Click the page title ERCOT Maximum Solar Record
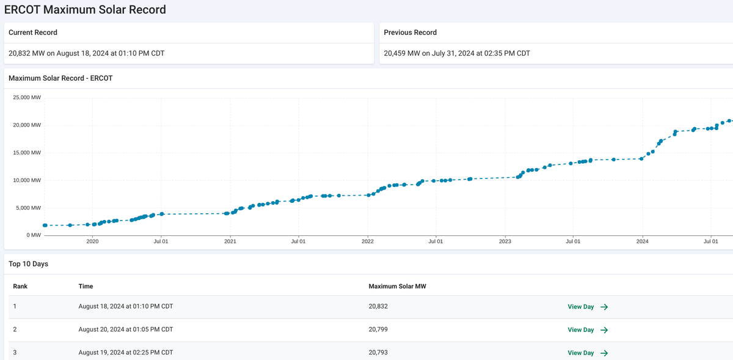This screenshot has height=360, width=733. [x=85, y=10]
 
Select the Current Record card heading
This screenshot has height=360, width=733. [x=33, y=32]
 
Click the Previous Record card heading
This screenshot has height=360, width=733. [x=410, y=32]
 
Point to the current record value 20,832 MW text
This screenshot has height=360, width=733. [x=86, y=53]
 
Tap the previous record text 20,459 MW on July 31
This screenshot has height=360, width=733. [x=456, y=53]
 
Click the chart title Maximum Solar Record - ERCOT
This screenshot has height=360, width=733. [x=60, y=78]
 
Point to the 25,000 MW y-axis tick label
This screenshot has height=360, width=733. [x=27, y=98]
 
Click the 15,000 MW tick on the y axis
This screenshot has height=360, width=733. [x=27, y=153]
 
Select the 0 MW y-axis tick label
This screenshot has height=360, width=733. [x=33, y=235]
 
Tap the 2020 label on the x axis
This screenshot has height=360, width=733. [x=92, y=242]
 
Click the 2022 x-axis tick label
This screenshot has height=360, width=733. [x=368, y=242]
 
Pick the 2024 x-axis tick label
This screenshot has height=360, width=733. [x=642, y=242]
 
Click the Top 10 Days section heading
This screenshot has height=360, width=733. [x=28, y=264]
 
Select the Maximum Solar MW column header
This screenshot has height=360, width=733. [x=396, y=286]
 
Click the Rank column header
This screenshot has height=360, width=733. [x=20, y=286]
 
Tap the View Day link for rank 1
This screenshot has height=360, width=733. [x=581, y=307]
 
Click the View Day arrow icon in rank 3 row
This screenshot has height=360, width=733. [x=604, y=353]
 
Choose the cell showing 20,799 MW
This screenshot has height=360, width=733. [x=378, y=329]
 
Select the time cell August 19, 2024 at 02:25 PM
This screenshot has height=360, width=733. [x=125, y=353]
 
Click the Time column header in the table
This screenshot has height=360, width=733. [x=86, y=286]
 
